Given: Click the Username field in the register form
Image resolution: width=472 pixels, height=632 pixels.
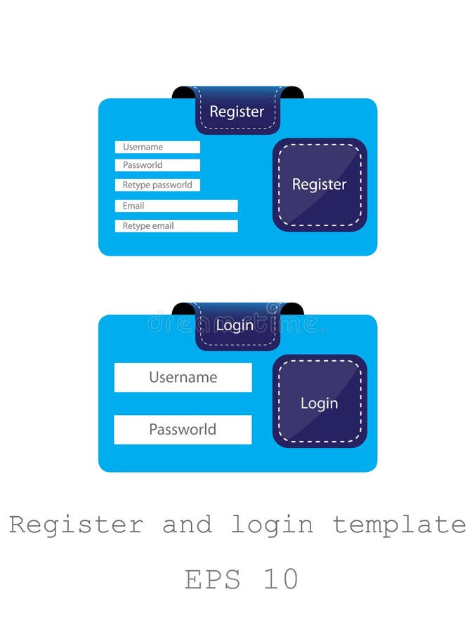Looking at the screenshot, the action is (x=157, y=147).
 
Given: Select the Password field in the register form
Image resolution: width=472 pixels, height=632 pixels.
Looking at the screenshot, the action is (x=157, y=165).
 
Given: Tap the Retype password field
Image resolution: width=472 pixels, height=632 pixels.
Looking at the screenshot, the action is (x=157, y=185).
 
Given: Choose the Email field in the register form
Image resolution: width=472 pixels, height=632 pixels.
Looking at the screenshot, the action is (x=176, y=206).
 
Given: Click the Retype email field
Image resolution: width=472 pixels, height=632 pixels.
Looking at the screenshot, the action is (x=176, y=226).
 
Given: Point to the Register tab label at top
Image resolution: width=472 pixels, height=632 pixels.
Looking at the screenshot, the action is (x=237, y=112).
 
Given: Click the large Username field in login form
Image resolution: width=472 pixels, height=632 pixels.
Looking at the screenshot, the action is (x=183, y=377).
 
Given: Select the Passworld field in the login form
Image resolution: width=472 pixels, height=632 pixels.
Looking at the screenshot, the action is (x=183, y=429).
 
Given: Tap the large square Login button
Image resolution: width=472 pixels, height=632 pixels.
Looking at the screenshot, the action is (x=320, y=402).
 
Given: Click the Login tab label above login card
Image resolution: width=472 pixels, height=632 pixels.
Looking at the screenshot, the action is (x=235, y=326).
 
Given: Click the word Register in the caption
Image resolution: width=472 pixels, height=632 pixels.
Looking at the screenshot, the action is (x=76, y=525).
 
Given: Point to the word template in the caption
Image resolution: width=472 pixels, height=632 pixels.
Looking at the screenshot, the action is (x=399, y=525).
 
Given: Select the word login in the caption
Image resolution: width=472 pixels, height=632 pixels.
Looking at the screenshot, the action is (x=273, y=525).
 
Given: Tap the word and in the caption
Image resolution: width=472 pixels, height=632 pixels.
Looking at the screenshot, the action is (x=187, y=525).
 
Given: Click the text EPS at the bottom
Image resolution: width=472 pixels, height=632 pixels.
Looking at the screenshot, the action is (x=212, y=580).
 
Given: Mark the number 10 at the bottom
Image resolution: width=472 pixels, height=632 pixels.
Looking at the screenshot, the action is (x=282, y=580).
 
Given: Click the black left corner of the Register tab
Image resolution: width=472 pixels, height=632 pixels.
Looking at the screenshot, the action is (x=182, y=92).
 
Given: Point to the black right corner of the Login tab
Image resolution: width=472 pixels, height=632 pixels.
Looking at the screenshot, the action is (x=294, y=308).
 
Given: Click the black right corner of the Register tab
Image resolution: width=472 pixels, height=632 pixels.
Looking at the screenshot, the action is (x=294, y=92).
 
